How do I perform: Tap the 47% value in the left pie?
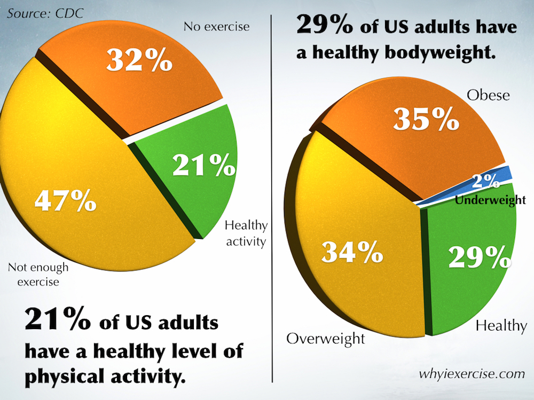(x=65, y=202)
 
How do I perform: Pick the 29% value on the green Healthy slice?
(x=476, y=258)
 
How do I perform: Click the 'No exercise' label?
(x=216, y=26)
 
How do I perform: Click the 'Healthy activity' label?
(x=246, y=234)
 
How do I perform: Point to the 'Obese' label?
(x=488, y=95)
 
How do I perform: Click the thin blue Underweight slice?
(x=505, y=173)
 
